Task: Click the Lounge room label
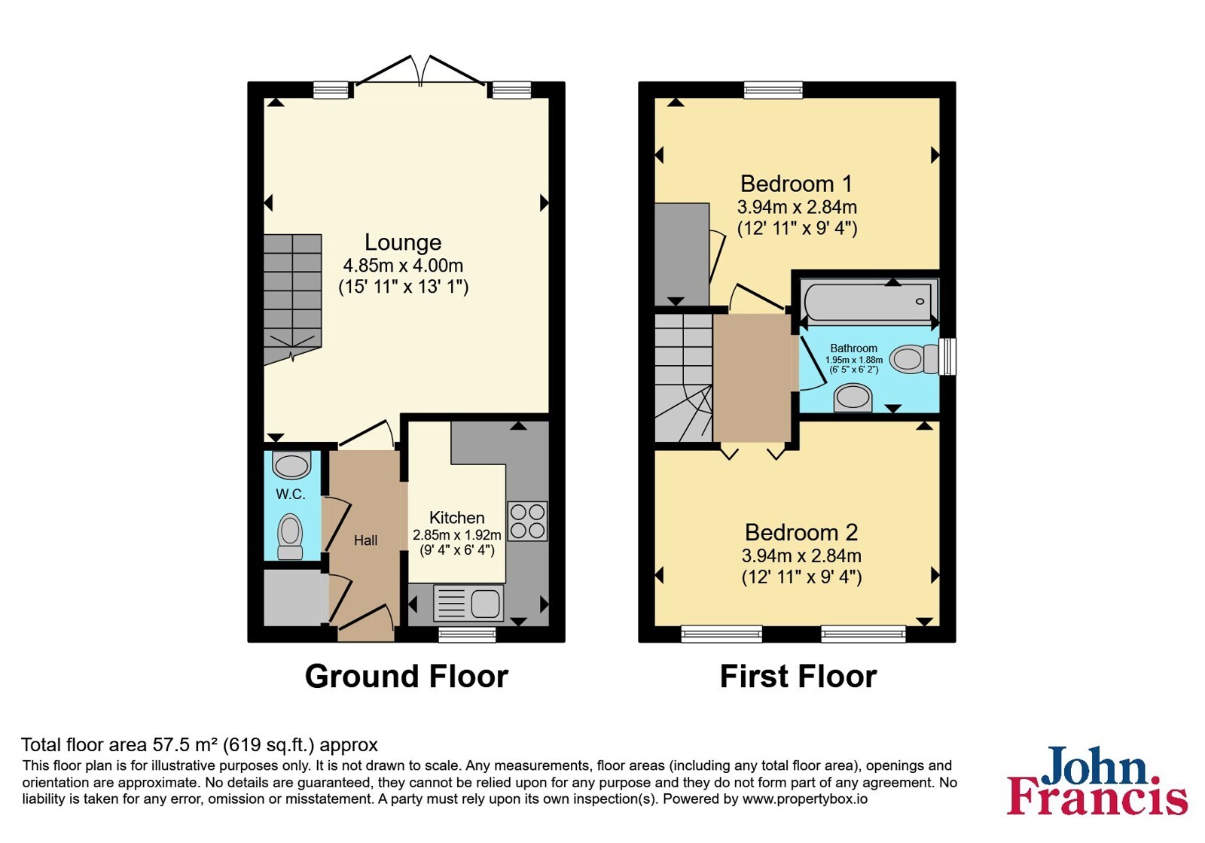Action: pyautogui.click(x=403, y=242)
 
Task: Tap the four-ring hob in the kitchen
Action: pyautogui.click(x=527, y=521)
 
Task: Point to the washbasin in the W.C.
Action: pyautogui.click(x=291, y=465)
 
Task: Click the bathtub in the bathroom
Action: pyautogui.click(x=869, y=302)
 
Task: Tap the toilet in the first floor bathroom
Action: pyautogui.click(x=914, y=358)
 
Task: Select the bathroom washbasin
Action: pyautogui.click(x=853, y=398)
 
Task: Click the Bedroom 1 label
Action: pyautogui.click(x=797, y=184)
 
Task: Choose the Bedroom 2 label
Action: pyautogui.click(x=801, y=532)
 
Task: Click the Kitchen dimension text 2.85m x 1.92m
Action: pyautogui.click(x=456, y=535)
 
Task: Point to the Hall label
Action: pyautogui.click(x=365, y=540)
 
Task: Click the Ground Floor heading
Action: pyautogui.click(x=406, y=676)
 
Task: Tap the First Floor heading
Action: pyautogui.click(x=798, y=676)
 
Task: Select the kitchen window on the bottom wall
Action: pyautogui.click(x=467, y=635)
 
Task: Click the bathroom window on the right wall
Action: pyautogui.click(x=947, y=356)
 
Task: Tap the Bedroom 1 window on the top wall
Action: pyautogui.click(x=773, y=90)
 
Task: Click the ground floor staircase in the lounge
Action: pyautogui.click(x=293, y=300)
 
